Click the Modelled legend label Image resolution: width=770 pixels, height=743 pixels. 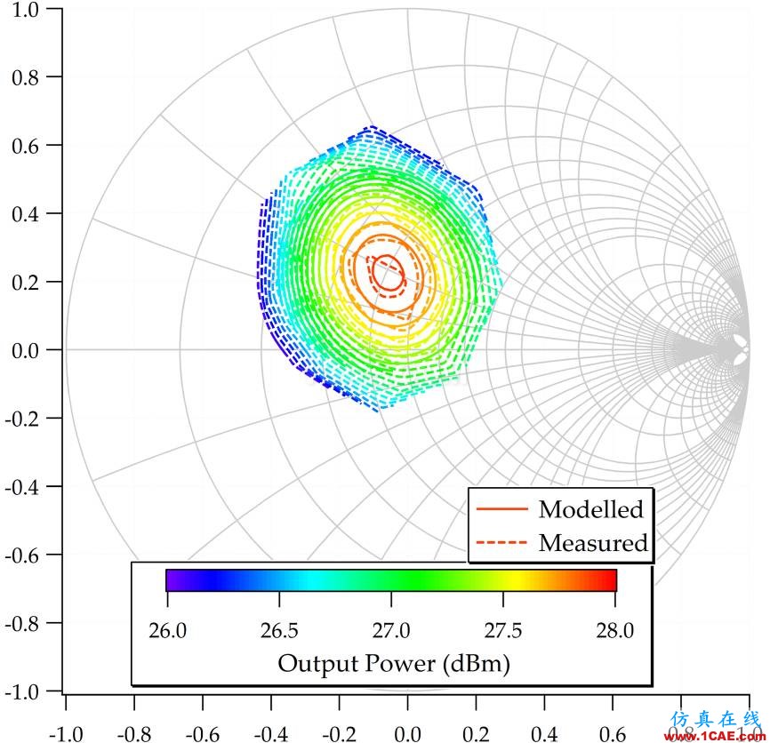590,509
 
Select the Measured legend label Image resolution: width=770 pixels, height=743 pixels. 593,541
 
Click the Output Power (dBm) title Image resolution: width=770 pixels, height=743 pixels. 394,663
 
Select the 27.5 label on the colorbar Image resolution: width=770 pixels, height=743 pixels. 503,631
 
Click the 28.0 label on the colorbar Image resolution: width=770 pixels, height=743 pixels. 615,631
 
